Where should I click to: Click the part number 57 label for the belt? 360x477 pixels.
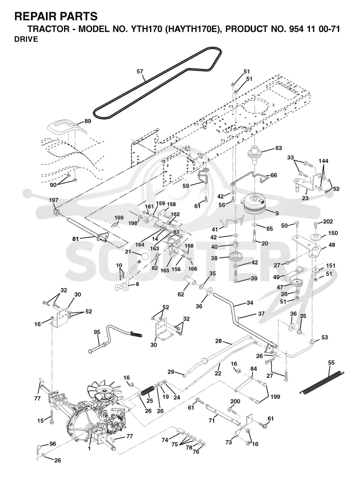click(140, 72)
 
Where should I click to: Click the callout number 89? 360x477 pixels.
click(87, 121)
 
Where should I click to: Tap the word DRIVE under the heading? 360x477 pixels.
click(26, 39)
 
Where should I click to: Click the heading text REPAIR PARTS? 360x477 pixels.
click(56, 16)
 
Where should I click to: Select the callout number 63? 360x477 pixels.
click(278, 148)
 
